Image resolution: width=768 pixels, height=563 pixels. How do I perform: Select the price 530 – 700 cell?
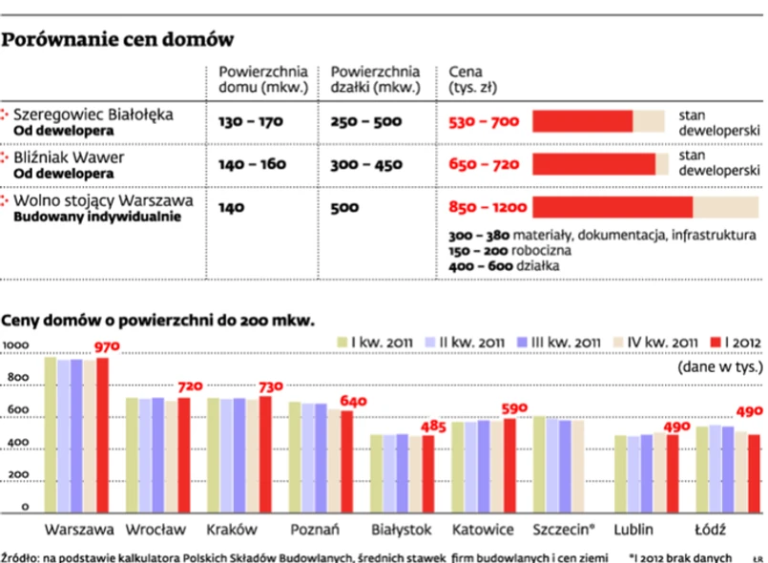coord(484,121)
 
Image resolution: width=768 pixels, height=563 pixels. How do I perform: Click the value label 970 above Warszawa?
coord(103,347)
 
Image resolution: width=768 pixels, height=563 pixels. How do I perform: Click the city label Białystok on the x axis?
coord(403,529)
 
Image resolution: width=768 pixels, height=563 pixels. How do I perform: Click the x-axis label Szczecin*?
coord(567,529)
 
